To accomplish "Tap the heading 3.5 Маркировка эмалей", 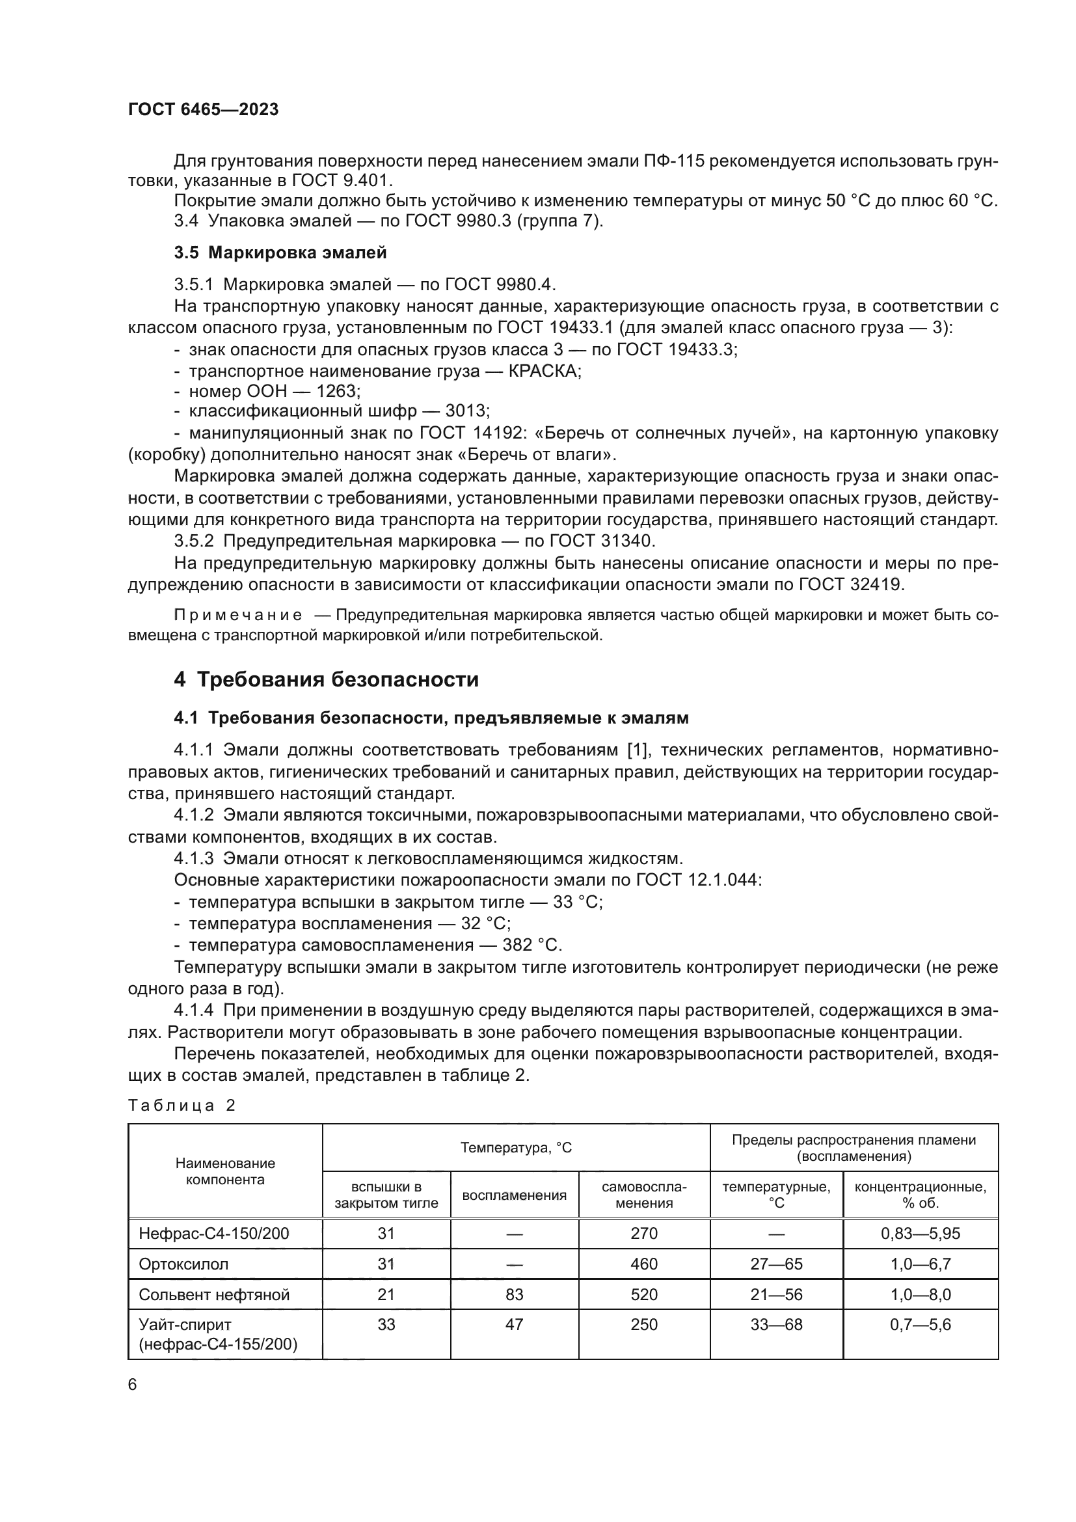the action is tap(280, 252).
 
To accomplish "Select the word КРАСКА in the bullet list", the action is tap(544, 370).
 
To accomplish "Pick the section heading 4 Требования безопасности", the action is tap(326, 679).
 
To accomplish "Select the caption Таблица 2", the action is tap(182, 1105).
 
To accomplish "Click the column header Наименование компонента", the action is tap(225, 1171).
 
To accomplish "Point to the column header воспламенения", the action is tap(514, 1195).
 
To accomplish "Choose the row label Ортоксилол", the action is tap(183, 1264).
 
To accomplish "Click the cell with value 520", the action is tap(644, 1295).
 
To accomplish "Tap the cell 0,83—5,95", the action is tap(921, 1234).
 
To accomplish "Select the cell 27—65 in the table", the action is tap(776, 1264).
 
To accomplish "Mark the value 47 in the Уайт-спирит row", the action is tap(514, 1325).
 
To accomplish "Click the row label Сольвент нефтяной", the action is tap(214, 1295).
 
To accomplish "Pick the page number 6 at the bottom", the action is tap(133, 1385).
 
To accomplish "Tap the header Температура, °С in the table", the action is tap(515, 1147).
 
